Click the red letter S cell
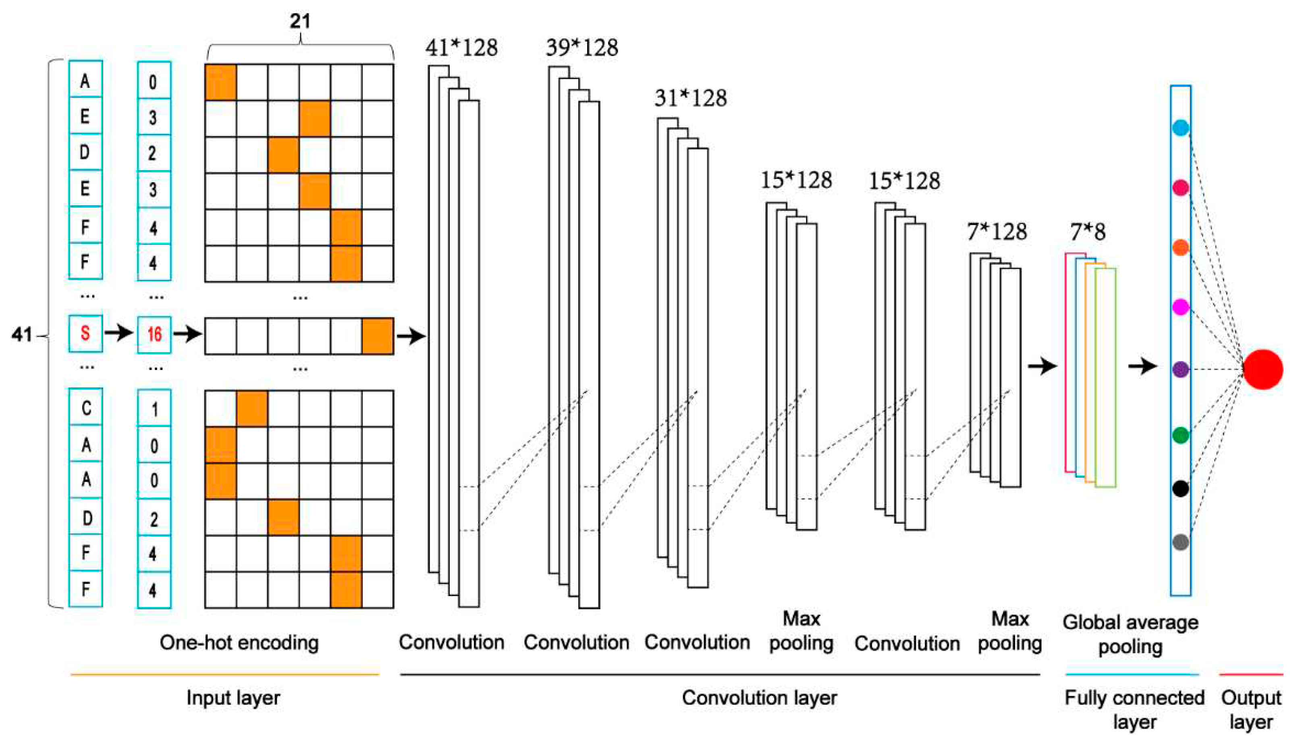(85, 334)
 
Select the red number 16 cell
(154, 335)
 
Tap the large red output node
(1263, 369)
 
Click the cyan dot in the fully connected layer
(1181, 128)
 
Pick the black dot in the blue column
(1181, 488)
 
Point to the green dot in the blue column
(1181, 435)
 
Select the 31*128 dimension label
(690, 98)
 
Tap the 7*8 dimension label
(1088, 232)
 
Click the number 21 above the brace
(300, 21)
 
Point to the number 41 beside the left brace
(22, 335)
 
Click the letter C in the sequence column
(86, 408)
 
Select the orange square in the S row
(378, 336)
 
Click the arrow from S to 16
(119, 334)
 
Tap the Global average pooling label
(1130, 634)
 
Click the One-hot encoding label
(239, 642)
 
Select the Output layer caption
(1251, 710)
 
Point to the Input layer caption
(233, 698)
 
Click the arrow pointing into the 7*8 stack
(1042, 366)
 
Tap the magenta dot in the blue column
(1181, 307)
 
